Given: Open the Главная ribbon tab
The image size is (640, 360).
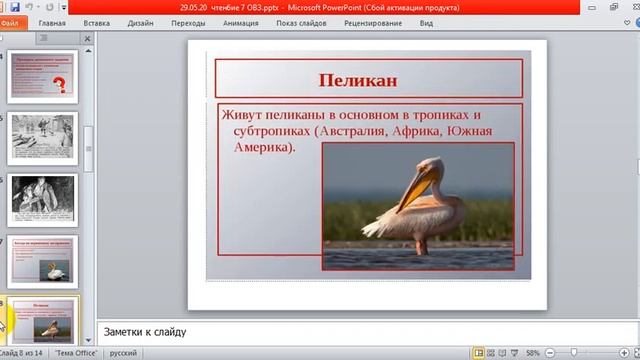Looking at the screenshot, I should tap(52, 21).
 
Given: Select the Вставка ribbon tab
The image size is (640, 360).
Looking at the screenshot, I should tap(97, 21).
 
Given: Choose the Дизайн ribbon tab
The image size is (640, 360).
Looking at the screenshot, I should tap(140, 21).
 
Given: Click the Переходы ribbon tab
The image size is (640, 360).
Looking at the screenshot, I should tap(188, 21).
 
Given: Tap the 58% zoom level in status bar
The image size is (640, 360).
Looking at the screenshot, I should tap(532, 353).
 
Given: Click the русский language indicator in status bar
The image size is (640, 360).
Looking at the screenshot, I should tap(123, 353).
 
